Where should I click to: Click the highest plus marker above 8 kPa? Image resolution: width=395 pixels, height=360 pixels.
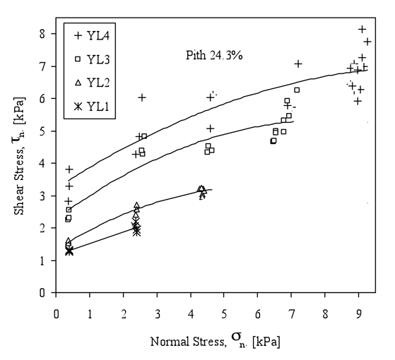362,29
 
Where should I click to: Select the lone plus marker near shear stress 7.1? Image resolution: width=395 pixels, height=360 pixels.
298,64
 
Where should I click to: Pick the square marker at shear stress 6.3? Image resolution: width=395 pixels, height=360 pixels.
297,90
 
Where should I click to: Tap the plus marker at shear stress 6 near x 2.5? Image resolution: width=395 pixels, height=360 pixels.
142,97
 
